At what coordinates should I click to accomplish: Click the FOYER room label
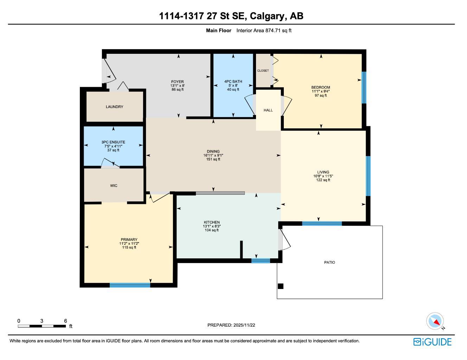(x=177, y=82)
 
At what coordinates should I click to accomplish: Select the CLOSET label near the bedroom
(x=263, y=71)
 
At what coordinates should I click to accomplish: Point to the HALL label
(x=268, y=110)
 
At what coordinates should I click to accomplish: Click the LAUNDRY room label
(x=114, y=107)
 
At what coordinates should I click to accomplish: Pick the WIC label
(x=114, y=186)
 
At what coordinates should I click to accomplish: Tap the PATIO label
(x=330, y=262)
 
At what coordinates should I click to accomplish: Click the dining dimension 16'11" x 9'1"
(x=213, y=155)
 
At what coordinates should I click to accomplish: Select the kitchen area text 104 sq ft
(x=212, y=230)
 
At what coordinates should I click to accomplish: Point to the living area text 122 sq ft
(x=323, y=180)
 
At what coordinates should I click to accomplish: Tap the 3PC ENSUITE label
(x=113, y=142)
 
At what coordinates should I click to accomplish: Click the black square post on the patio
(x=280, y=286)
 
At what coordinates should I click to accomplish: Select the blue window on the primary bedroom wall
(x=130, y=285)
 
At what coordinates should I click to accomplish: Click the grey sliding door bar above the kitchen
(x=220, y=193)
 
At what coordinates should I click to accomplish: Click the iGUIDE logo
(x=432, y=342)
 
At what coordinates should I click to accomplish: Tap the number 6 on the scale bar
(x=65, y=321)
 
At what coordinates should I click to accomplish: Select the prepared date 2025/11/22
(x=244, y=325)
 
